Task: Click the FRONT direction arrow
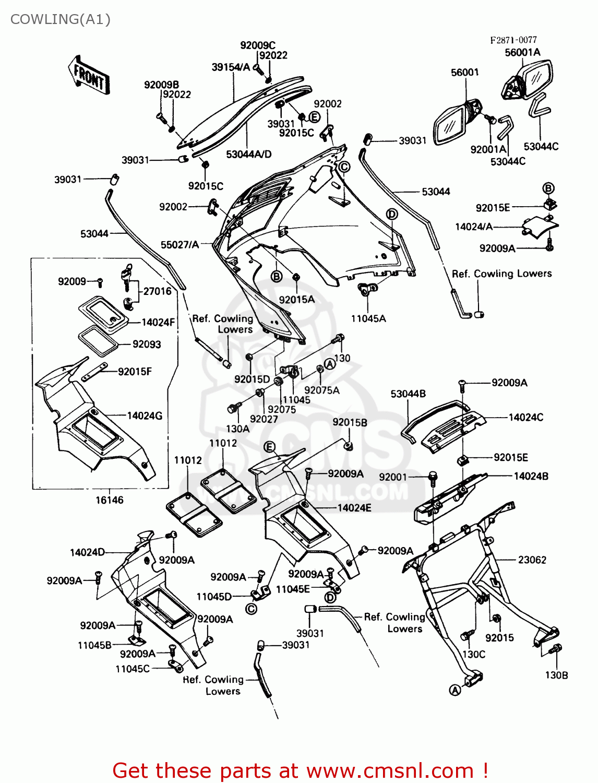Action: click(88, 76)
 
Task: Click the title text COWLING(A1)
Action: click(61, 19)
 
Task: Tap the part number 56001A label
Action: click(522, 52)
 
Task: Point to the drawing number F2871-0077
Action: click(513, 40)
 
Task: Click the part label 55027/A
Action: click(180, 245)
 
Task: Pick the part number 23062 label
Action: click(532, 560)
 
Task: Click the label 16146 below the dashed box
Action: click(109, 500)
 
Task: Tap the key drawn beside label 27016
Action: click(127, 276)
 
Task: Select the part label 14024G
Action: click(145, 416)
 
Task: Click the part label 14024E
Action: click(354, 507)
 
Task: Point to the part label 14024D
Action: click(87, 553)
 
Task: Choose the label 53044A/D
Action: click(248, 154)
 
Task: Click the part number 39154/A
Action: click(231, 67)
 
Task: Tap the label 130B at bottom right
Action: click(556, 675)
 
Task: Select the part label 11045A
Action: click(368, 318)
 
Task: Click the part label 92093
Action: click(147, 344)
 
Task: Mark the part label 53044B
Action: click(408, 394)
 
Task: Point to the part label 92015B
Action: click(350, 422)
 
